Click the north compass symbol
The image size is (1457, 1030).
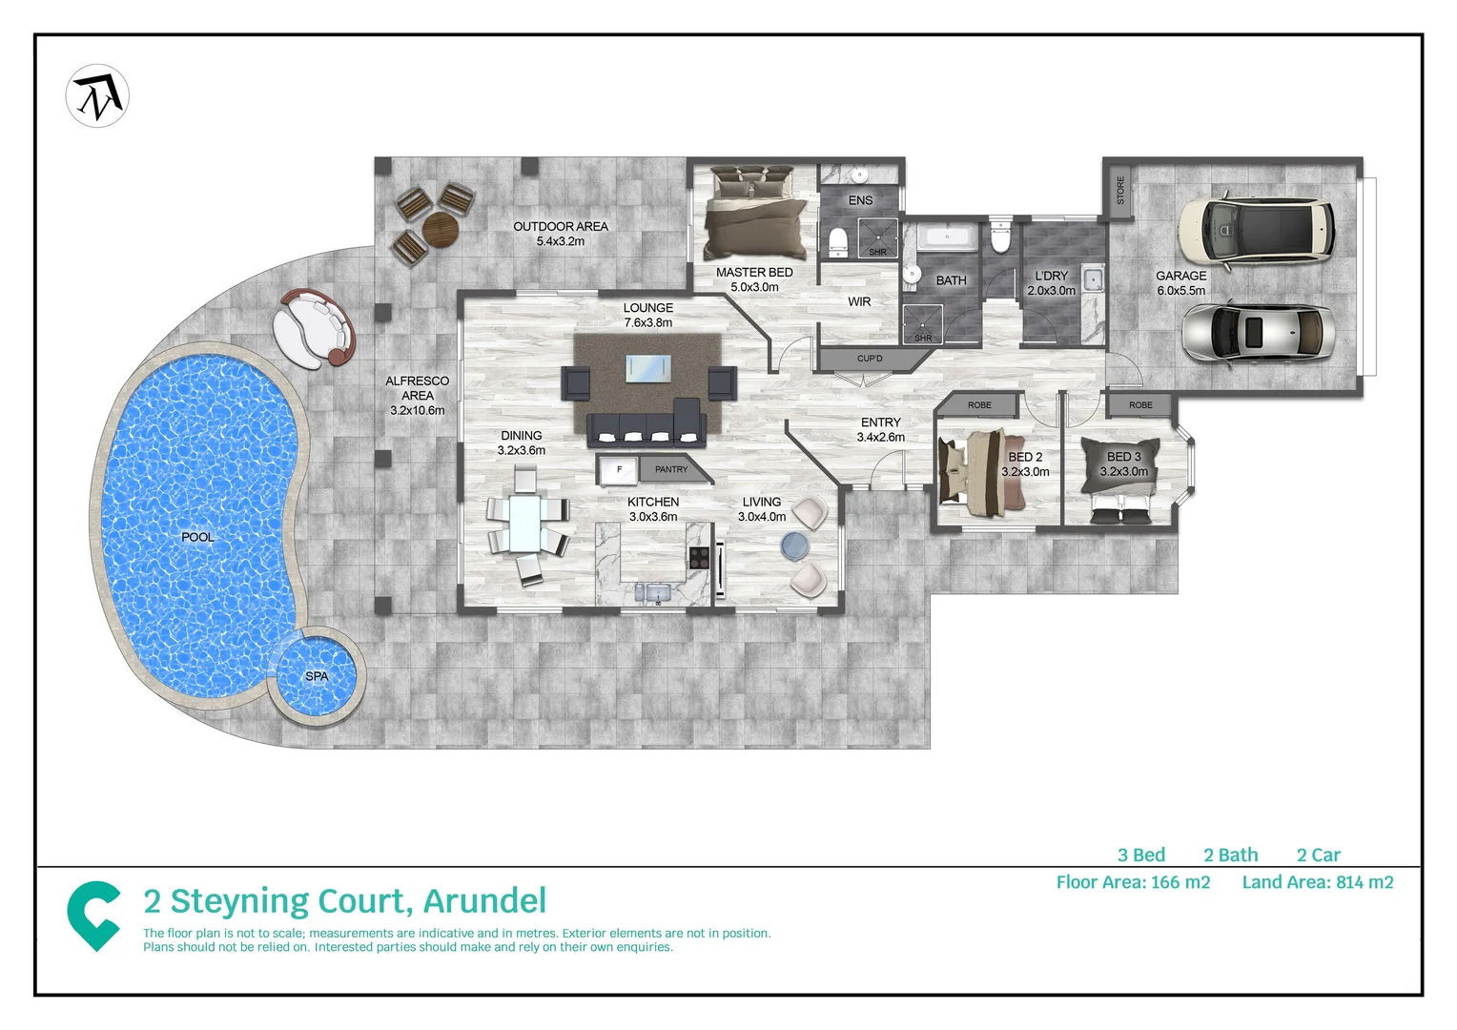click(97, 96)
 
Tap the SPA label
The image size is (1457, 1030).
click(317, 676)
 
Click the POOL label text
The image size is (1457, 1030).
click(197, 537)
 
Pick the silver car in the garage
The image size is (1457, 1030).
click(1257, 332)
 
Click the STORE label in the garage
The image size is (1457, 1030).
click(1120, 190)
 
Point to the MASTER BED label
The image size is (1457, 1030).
click(753, 273)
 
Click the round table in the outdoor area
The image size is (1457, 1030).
click(441, 228)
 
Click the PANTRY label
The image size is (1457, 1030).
click(671, 469)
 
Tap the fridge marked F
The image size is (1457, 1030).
click(619, 469)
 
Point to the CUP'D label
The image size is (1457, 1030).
click(870, 359)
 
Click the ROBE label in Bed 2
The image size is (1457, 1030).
click(979, 405)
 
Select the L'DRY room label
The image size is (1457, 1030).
click(1051, 276)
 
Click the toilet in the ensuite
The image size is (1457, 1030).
click(837, 242)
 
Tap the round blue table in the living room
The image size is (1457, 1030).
click(794, 546)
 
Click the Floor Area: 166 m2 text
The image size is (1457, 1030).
click(1133, 882)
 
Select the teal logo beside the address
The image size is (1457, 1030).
click(93, 915)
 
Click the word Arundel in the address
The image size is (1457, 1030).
click(484, 901)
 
